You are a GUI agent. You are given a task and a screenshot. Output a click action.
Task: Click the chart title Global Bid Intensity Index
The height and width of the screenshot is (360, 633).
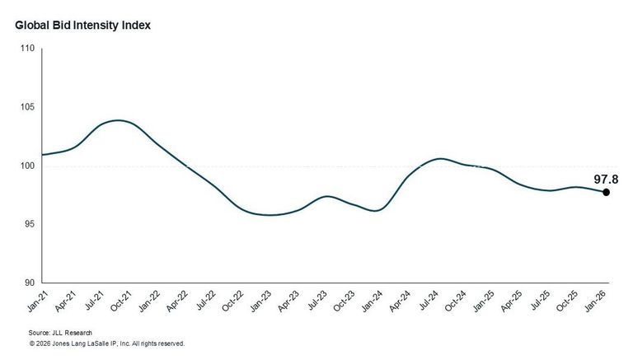point(82,26)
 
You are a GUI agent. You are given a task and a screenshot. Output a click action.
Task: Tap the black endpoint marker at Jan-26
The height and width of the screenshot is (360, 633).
point(606,192)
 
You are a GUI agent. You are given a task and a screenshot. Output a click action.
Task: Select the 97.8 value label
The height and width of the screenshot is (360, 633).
point(606,180)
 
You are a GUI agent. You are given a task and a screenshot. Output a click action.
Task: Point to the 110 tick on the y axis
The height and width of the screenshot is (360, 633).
point(27,49)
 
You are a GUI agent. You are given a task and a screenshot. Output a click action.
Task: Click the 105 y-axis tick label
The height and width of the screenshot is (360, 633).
point(27,107)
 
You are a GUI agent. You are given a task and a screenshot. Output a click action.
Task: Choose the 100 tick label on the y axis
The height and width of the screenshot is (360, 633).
point(27,166)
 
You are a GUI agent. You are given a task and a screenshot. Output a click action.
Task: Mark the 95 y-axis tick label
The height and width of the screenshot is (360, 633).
point(30,224)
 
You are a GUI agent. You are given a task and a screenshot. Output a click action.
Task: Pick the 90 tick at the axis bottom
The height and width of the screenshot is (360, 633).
point(30,283)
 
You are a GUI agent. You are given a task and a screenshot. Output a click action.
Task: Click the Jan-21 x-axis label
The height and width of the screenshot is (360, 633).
point(38,302)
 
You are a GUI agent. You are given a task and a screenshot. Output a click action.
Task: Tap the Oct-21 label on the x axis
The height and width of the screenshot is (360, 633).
point(121,302)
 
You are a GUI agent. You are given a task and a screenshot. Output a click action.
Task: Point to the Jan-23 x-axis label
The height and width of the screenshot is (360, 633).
point(260,302)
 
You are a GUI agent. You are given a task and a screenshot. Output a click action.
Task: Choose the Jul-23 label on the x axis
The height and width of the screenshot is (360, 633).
point(316,301)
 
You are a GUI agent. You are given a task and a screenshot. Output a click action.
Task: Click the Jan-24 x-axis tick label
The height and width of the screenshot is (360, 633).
point(372,302)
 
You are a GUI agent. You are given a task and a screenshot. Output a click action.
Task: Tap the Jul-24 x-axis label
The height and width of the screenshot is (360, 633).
point(428,301)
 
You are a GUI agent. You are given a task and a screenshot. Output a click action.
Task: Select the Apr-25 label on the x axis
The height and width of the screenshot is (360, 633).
point(511,302)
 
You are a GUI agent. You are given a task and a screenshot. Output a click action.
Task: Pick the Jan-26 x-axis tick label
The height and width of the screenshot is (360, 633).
point(596,302)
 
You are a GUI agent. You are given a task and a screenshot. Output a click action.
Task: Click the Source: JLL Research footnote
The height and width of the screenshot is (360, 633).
point(60,333)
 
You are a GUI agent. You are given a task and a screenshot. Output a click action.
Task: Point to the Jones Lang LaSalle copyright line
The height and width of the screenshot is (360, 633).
point(106,344)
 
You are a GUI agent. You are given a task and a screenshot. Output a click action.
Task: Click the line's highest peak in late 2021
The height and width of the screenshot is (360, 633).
point(118,120)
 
